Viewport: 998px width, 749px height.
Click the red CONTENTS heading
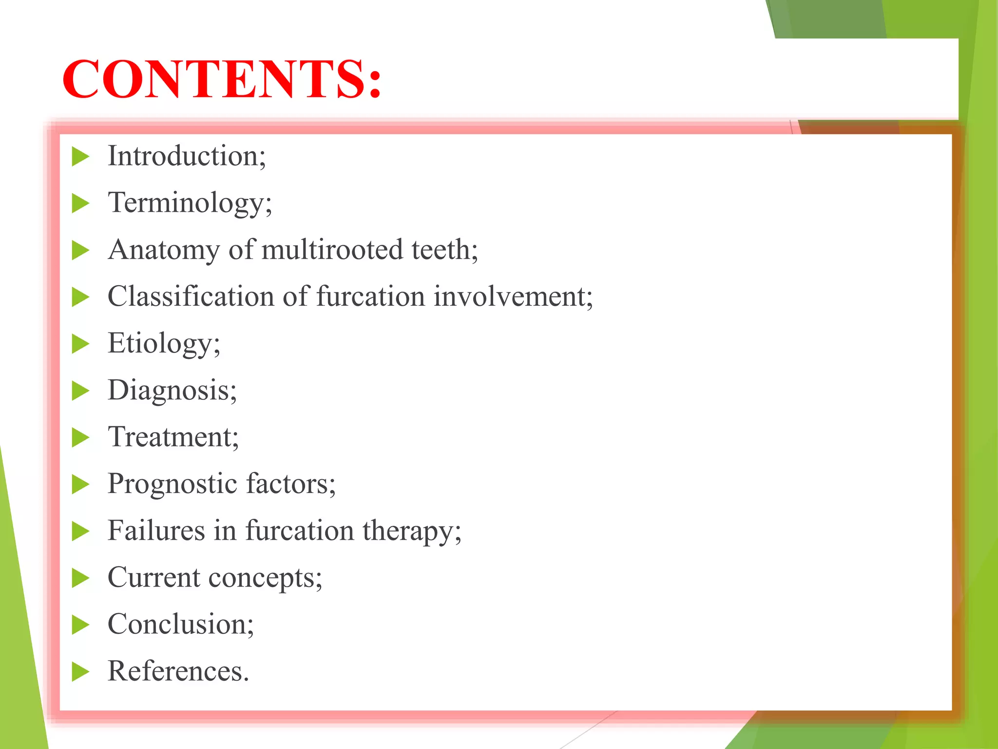pyautogui.click(x=222, y=79)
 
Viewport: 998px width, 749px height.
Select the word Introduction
pyautogui.click(x=185, y=156)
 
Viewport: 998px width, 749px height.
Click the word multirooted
pyautogui.click(x=332, y=250)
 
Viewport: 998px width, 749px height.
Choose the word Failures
pyautogui.click(x=156, y=531)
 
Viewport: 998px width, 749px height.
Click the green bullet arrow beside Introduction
pyautogui.click(x=80, y=157)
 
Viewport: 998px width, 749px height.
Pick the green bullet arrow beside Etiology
pyautogui.click(x=80, y=344)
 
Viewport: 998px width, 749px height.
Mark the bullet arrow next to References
pyautogui.click(x=80, y=671)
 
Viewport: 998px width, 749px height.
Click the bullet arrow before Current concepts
pyautogui.click(x=80, y=578)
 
